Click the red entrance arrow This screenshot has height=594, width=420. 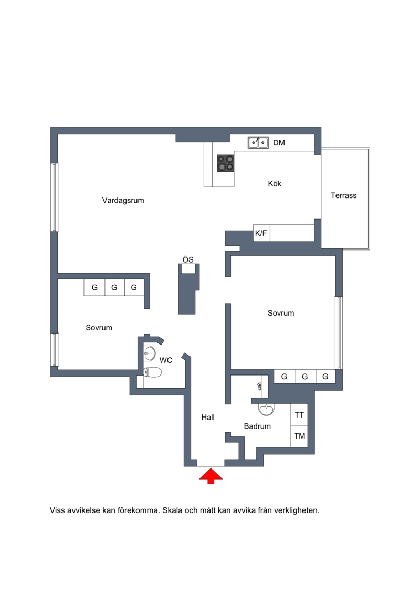(x=211, y=476)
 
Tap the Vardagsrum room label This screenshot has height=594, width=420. (x=123, y=201)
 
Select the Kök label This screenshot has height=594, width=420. (x=275, y=184)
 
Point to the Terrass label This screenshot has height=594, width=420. (x=343, y=195)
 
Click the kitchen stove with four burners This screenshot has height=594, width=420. (x=225, y=163)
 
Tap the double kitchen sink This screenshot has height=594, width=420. (x=258, y=143)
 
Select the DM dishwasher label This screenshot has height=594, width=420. (x=279, y=143)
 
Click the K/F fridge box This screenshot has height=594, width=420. (x=261, y=233)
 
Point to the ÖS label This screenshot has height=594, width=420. (x=188, y=259)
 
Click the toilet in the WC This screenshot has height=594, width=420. (x=152, y=372)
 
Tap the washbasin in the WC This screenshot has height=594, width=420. (x=150, y=353)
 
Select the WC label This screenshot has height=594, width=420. (x=166, y=360)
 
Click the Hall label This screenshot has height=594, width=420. (x=208, y=418)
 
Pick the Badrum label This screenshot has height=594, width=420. (x=257, y=426)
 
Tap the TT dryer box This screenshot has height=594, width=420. (x=299, y=415)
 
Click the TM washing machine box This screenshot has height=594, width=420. (x=299, y=436)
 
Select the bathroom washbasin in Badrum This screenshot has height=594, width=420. (x=266, y=409)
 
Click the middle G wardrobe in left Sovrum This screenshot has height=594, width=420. (x=114, y=287)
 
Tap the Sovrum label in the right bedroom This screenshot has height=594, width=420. (x=281, y=314)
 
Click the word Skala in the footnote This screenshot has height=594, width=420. (x=172, y=510)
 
